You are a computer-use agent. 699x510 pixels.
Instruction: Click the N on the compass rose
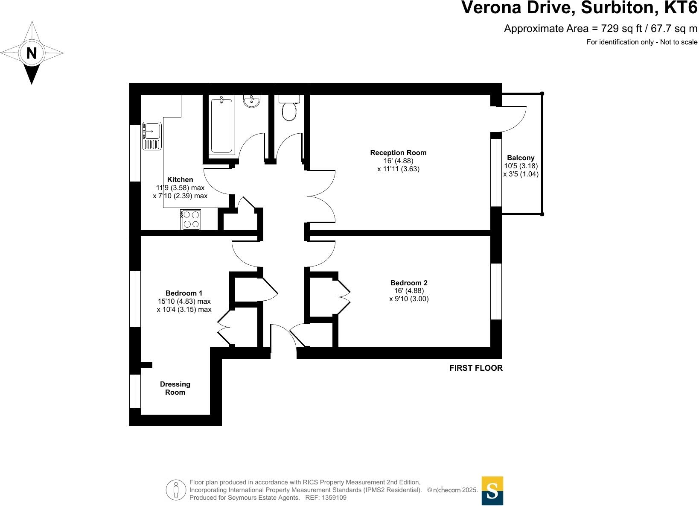[x=32, y=53]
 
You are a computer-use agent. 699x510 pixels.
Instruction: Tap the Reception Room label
[x=398, y=152]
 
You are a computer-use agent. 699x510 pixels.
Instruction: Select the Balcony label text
[x=521, y=158]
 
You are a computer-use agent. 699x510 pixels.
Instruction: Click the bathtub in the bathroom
[x=221, y=126]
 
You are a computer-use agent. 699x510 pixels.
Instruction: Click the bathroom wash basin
[x=252, y=101]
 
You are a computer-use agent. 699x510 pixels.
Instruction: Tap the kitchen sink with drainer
[x=152, y=136]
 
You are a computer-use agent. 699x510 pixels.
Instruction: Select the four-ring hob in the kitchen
[x=191, y=220]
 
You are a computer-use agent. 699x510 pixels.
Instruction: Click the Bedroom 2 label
[x=409, y=283]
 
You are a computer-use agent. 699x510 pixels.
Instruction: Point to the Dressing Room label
[x=175, y=388]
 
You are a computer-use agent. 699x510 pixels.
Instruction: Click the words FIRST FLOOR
[x=476, y=368]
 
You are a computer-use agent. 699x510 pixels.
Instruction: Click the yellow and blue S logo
[x=492, y=491]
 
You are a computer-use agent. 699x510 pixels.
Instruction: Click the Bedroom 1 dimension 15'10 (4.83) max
[x=184, y=301]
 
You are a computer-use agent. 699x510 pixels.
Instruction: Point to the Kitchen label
[x=180, y=179]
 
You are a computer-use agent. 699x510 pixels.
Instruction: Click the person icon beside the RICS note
[x=176, y=490]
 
